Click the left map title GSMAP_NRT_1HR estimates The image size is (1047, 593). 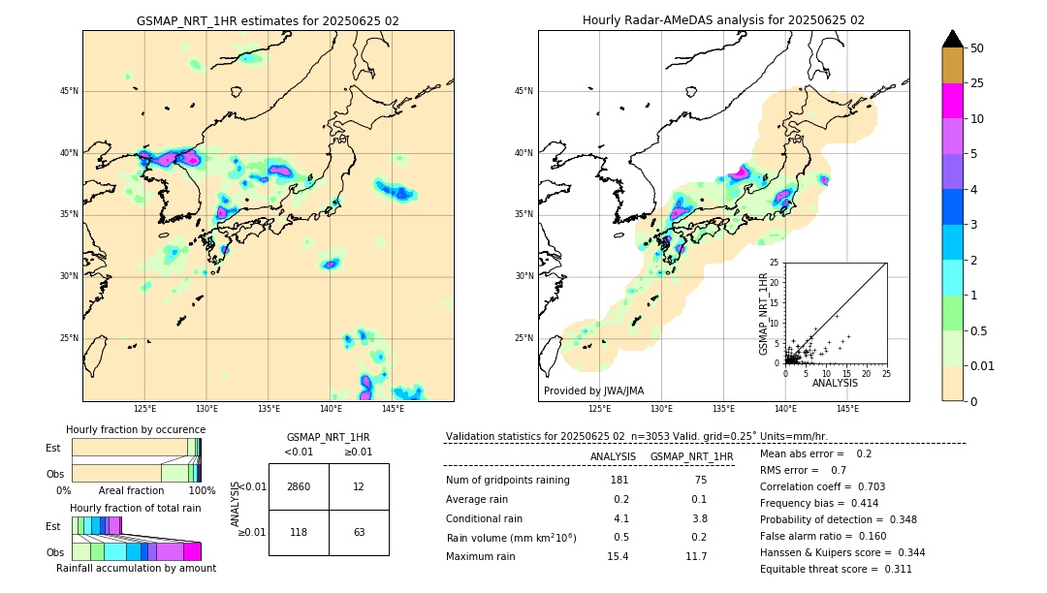(x=268, y=20)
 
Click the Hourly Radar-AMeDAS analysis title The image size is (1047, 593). (x=723, y=20)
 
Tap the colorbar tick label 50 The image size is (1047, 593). (x=978, y=48)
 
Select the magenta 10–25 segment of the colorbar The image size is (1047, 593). (x=952, y=101)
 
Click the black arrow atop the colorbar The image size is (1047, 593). (x=952, y=39)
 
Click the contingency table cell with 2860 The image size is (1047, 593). (x=299, y=486)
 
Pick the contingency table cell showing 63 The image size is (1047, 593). (x=359, y=532)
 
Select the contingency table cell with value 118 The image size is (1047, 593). (x=299, y=532)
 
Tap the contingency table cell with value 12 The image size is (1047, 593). (x=359, y=486)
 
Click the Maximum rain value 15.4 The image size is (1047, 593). (x=618, y=556)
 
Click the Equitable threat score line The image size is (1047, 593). (x=836, y=569)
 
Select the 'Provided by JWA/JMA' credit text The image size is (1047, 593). (x=593, y=391)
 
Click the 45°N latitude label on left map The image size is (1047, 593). (x=69, y=91)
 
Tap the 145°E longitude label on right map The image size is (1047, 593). (x=847, y=410)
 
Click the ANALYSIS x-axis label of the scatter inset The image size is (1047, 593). (x=835, y=383)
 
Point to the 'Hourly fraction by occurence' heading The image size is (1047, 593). (x=136, y=429)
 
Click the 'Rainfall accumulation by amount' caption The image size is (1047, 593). (x=136, y=568)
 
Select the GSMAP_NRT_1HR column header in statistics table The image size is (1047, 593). (x=691, y=456)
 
